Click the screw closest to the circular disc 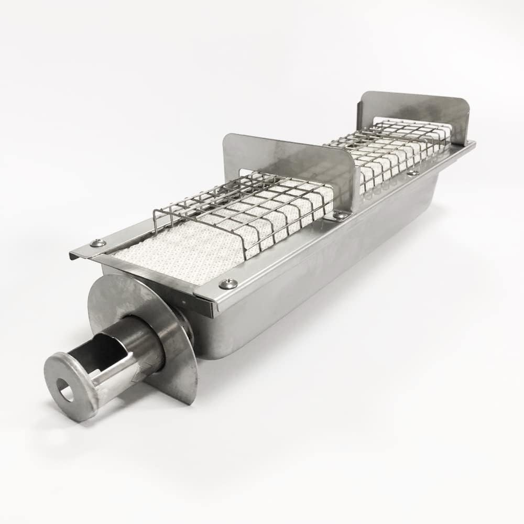228,283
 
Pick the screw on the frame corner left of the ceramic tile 97,243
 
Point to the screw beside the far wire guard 413,172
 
